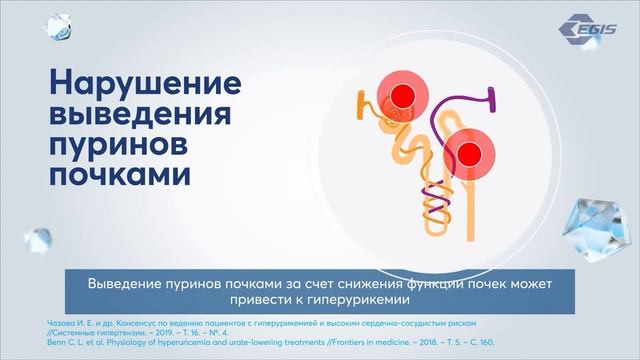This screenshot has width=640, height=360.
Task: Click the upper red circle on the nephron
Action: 402,96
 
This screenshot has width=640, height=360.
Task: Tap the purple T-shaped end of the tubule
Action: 492,97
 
